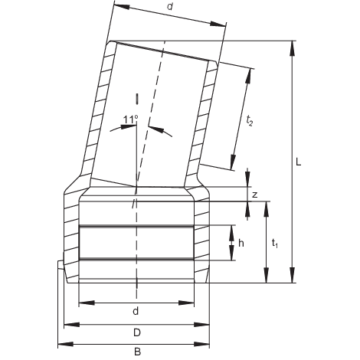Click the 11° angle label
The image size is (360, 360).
point(130,118)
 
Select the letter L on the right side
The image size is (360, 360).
point(298,162)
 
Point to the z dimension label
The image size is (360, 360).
point(254,195)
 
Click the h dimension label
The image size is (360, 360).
point(241,243)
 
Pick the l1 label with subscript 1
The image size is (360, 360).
point(273,243)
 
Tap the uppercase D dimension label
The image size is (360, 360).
point(136,332)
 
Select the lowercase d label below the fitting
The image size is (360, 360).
point(135,311)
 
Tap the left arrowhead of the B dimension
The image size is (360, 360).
point(62,343)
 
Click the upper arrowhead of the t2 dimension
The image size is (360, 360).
point(250,71)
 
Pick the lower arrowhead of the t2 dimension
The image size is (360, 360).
point(232,166)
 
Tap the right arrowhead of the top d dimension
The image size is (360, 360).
point(225,26)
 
